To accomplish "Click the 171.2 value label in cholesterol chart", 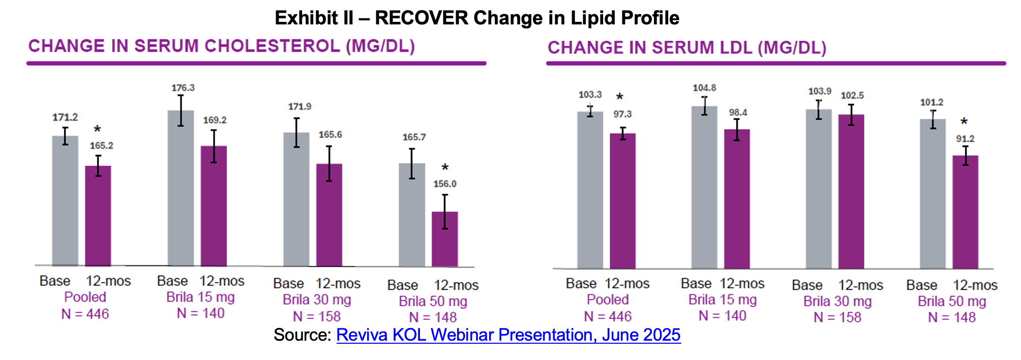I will point(65,117).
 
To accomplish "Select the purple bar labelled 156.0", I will point(445,239).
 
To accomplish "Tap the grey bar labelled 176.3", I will point(181,188).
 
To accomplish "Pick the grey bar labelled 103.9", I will point(819,189).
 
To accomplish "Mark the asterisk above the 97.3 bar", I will point(619,97).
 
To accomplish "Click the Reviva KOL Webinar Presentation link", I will point(508,335).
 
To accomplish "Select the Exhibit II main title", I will point(477,18).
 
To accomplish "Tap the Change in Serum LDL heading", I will point(687,48).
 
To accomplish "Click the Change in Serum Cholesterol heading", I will point(222,46).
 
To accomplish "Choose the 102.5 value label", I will point(852,96).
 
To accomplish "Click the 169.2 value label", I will point(215,121).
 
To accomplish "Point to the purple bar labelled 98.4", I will point(737,199).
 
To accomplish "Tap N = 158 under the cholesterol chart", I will point(317,317).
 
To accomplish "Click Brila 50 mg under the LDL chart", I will point(952,302).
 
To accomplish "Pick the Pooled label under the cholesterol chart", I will point(85,297).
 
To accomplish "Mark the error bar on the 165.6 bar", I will point(329,164).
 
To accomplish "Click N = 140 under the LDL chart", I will point(722,316).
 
